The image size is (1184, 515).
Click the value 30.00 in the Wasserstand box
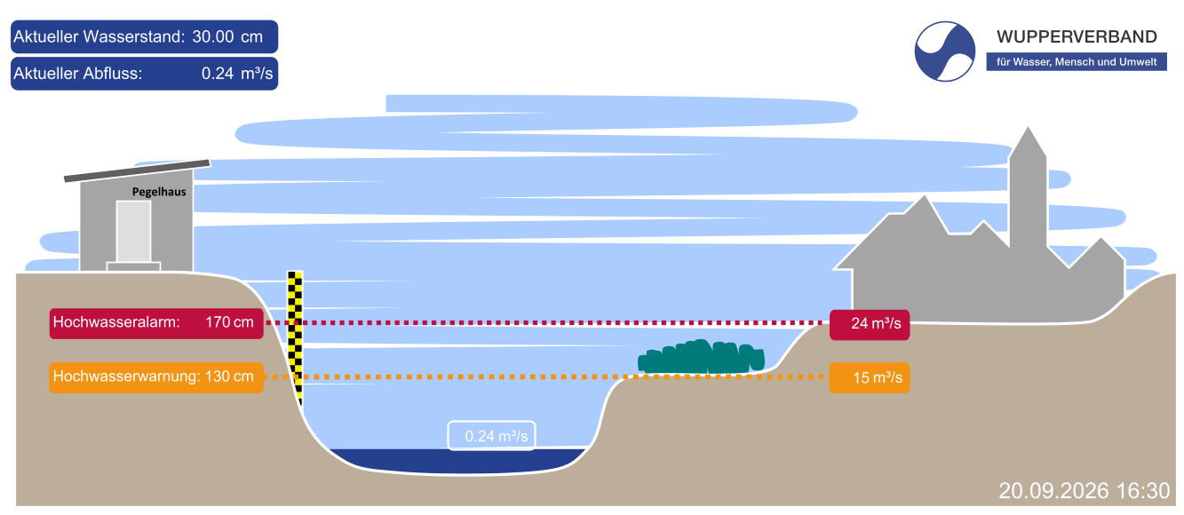click(x=213, y=37)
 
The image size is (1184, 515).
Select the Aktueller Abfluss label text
click(x=77, y=74)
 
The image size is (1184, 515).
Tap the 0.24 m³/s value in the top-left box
click(x=237, y=74)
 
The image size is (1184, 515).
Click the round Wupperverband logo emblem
click(x=944, y=51)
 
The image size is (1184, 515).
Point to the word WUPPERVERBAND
click(x=1077, y=37)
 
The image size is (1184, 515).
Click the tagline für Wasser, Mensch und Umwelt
click(x=1077, y=62)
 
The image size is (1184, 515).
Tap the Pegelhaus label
click(x=159, y=192)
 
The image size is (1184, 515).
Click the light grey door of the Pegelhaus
click(x=134, y=232)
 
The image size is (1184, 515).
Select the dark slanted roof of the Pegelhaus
click(x=137, y=170)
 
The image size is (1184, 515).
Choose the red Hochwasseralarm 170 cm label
click(x=156, y=323)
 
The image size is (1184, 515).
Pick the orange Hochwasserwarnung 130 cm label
click(x=156, y=377)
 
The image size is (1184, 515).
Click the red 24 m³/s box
click(x=870, y=324)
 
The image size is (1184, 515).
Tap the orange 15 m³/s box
click(x=870, y=377)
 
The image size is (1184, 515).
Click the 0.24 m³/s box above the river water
click(x=491, y=436)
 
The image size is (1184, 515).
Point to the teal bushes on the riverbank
click(x=701, y=357)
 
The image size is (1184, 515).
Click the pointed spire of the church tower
click(x=1028, y=129)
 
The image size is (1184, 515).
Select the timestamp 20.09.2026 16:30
click(x=1085, y=491)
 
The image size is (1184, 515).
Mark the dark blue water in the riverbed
click(x=458, y=461)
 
